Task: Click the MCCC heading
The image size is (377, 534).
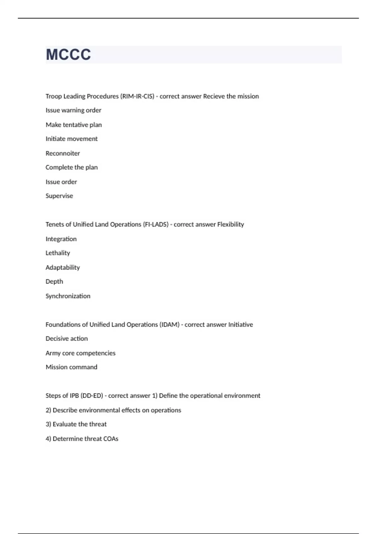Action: pos(68,55)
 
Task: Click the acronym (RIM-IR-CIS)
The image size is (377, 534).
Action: pos(137,96)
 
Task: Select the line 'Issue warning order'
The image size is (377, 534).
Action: pos(73,110)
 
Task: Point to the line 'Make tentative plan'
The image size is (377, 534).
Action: pos(74,125)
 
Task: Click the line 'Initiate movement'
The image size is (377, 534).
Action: pos(72,139)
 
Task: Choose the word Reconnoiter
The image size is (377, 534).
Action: pos(63,153)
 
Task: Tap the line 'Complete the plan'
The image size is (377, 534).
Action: pos(72,167)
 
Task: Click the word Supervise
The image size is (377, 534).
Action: pos(59,196)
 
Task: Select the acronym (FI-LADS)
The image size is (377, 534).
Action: pos(156,225)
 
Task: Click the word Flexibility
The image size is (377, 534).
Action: pos(231,225)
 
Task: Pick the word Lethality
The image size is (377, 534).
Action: pos(58,253)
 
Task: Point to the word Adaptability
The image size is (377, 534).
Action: pos(63,268)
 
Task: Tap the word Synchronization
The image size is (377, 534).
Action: pos(68,296)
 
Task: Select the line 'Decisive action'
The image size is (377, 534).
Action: pos(67,339)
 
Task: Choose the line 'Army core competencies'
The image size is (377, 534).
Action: pos(80,353)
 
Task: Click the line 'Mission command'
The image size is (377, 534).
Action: pos(71,367)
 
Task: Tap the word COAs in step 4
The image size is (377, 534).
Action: pos(111,439)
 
